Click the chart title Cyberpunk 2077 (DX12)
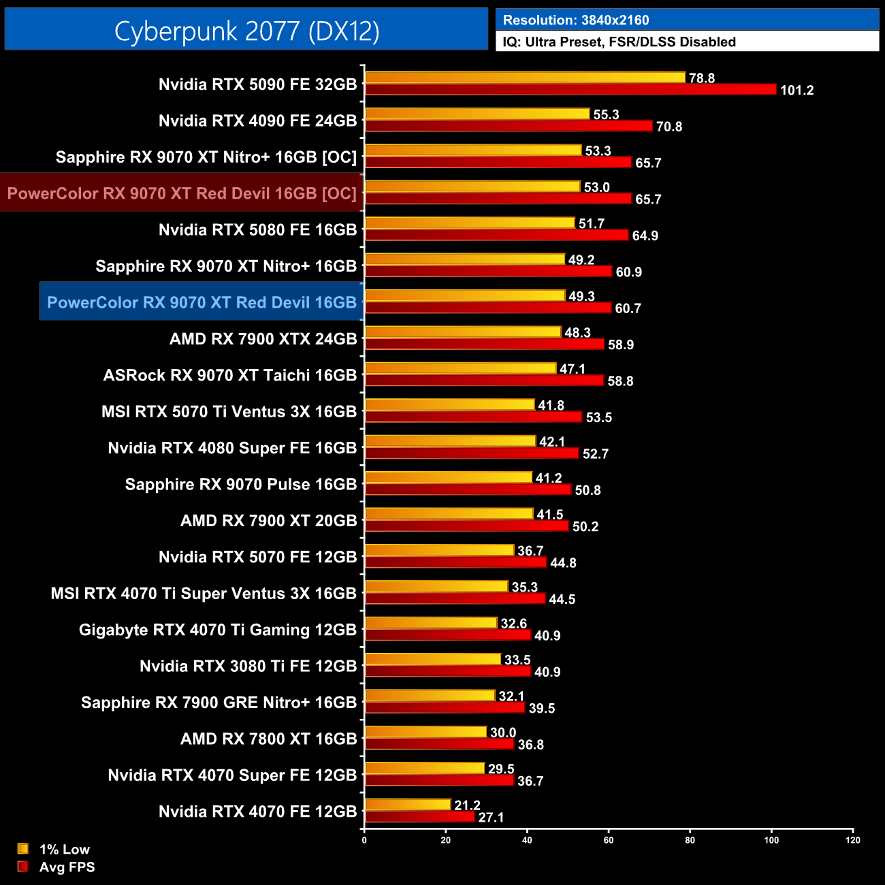pyautogui.click(x=246, y=31)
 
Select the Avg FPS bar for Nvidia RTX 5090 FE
pyautogui.click(x=570, y=90)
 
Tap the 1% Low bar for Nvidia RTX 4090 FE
pyautogui.click(x=477, y=114)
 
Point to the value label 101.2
pyautogui.click(x=796, y=91)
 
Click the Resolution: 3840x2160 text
pyautogui.click(x=576, y=20)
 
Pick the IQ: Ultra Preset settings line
pyautogui.click(x=619, y=42)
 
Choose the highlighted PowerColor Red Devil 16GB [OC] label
pyautogui.click(x=182, y=193)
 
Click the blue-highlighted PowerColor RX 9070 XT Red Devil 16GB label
pyautogui.click(x=202, y=302)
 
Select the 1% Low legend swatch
pyautogui.click(x=23, y=849)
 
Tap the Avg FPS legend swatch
pyautogui.click(x=23, y=867)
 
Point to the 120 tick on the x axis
pyautogui.click(x=852, y=840)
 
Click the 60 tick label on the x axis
pyautogui.click(x=609, y=840)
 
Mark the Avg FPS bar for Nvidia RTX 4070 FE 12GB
pyautogui.click(x=419, y=817)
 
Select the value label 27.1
pyautogui.click(x=491, y=818)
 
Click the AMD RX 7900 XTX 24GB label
pyautogui.click(x=263, y=339)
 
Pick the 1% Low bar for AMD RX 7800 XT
pyautogui.click(x=426, y=732)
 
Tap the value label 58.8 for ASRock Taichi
pyautogui.click(x=620, y=381)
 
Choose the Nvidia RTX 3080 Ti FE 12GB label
pyautogui.click(x=248, y=666)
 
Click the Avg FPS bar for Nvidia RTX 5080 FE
pyautogui.click(x=496, y=235)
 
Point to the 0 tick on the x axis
pyautogui.click(x=364, y=840)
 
